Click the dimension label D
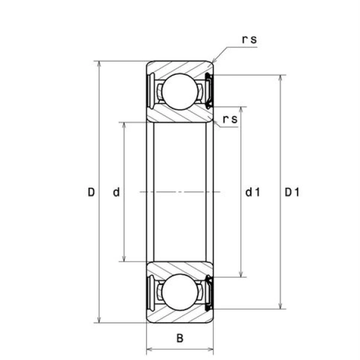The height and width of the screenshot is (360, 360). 91,192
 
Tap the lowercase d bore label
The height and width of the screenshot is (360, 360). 116,192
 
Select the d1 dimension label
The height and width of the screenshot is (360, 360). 253,192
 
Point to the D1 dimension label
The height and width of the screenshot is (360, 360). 292,192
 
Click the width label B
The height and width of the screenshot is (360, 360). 180,338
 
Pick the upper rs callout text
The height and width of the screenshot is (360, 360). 250,39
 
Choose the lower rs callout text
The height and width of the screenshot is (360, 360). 230,119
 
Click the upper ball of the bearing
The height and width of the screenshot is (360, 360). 179,92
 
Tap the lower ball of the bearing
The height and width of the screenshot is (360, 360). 179,292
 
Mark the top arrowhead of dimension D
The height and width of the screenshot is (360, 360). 99,64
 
